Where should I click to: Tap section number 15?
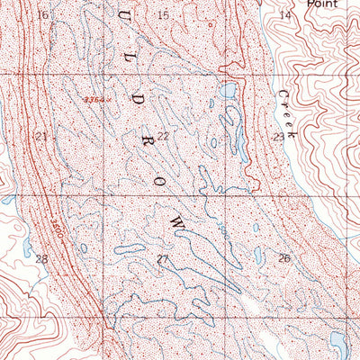pyautogui.click(x=163, y=15)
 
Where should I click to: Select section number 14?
pyautogui.click(x=285, y=15)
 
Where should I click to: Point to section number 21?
pyautogui.click(x=40, y=136)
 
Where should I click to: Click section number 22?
pyautogui.click(x=163, y=136)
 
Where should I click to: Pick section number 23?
pyautogui.click(x=279, y=137)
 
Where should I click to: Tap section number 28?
pyautogui.click(x=40, y=258)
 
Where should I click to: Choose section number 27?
pyautogui.click(x=163, y=259)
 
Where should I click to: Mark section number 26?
pyautogui.click(x=284, y=258)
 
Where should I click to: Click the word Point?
pyautogui.click(x=324, y=4)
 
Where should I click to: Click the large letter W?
pyautogui.click(x=177, y=220)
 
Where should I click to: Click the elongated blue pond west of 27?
pyautogui.click(x=128, y=247)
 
